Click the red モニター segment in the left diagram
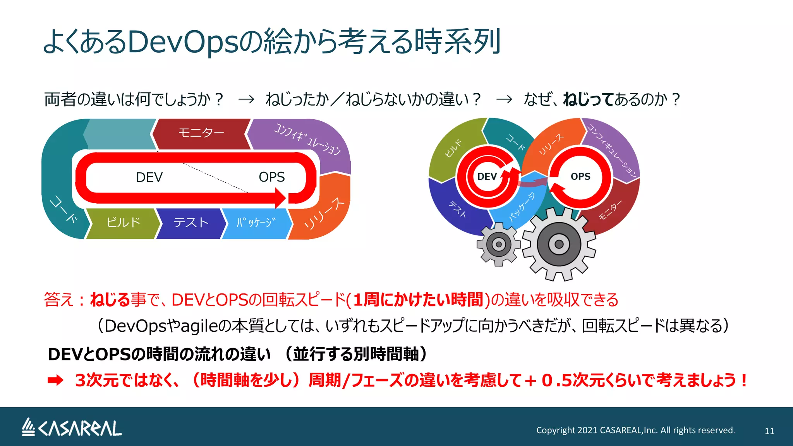[x=201, y=134]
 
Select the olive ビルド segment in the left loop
[x=123, y=223]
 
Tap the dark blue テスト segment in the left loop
[x=191, y=223]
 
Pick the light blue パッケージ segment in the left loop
[x=256, y=223]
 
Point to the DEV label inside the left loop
[x=149, y=177]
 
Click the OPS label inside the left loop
[x=271, y=177]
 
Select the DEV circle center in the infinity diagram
[x=487, y=177]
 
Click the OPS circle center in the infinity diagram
[x=580, y=177]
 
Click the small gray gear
[x=499, y=244]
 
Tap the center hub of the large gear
[x=559, y=244]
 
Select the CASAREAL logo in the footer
[x=72, y=428]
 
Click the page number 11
[x=769, y=431]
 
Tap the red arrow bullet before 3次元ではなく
[x=55, y=381]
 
